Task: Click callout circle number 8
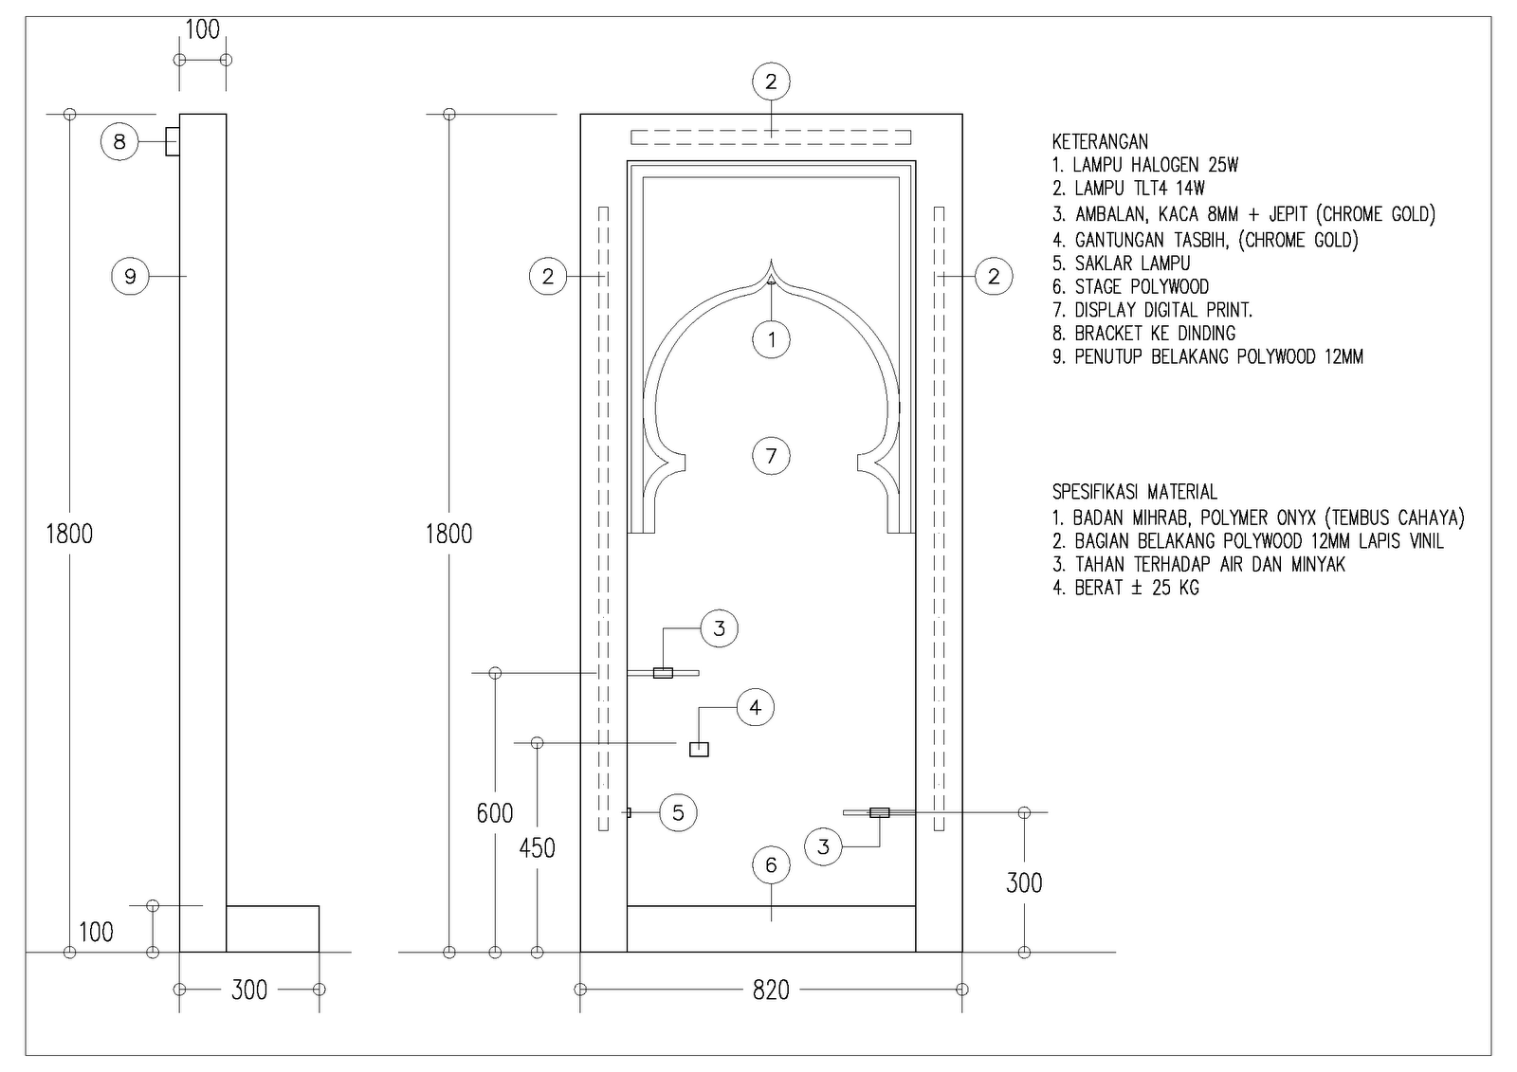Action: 119,142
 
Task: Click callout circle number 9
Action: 130,276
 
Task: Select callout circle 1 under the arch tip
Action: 771,339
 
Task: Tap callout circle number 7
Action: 771,456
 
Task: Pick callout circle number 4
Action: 755,707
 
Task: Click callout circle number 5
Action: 678,812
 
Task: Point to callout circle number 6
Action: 771,864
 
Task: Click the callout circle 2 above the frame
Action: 771,82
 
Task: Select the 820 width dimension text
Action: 771,990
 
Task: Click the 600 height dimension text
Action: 494,813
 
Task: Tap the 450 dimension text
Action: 537,848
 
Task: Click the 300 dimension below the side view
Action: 249,990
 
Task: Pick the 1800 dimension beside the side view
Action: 69,535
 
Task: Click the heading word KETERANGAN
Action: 1100,142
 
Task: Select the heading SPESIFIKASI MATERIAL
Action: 1134,492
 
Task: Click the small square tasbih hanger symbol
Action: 699,749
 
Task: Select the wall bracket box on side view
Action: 173,142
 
